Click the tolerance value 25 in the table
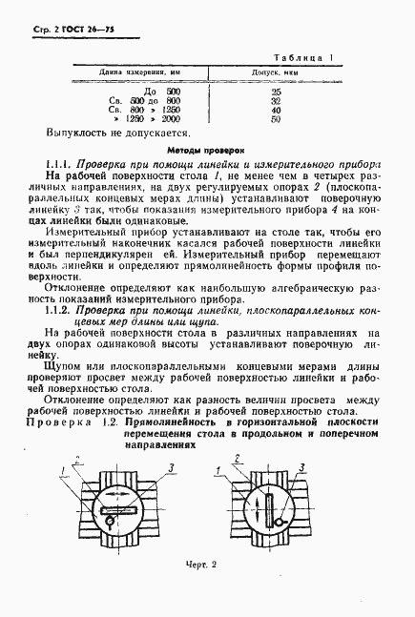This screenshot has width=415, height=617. pyautogui.click(x=276, y=92)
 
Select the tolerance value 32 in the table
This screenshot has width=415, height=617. pyautogui.click(x=276, y=101)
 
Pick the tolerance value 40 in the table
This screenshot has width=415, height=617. pyautogui.click(x=276, y=111)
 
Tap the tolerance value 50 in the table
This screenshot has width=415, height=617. pyautogui.click(x=276, y=120)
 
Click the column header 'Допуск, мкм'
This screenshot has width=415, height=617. pyautogui.click(x=276, y=71)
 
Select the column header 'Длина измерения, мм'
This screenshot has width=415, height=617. pyautogui.click(x=140, y=71)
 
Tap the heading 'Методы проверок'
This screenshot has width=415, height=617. pyautogui.click(x=206, y=151)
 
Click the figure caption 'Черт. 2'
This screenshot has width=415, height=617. pyautogui.click(x=206, y=564)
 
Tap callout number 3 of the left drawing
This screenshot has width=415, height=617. pyautogui.click(x=170, y=465)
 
